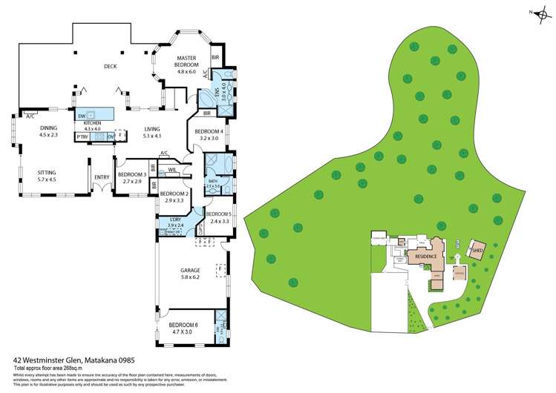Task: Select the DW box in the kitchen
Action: pyautogui.click(x=82, y=116)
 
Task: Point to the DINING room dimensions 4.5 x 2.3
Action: pyautogui.click(x=48, y=135)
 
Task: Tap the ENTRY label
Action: pyautogui.click(x=101, y=177)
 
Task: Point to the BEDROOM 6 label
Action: pyautogui.click(x=183, y=325)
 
